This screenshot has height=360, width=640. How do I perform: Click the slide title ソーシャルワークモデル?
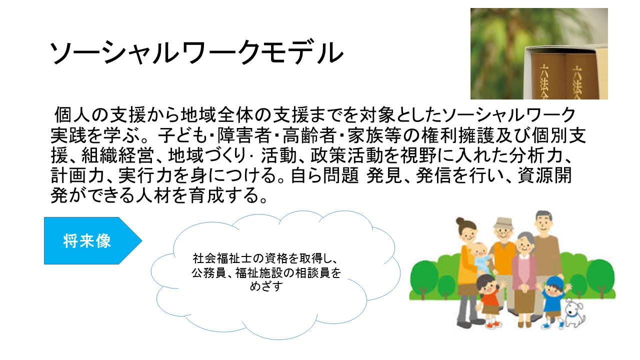[196, 53]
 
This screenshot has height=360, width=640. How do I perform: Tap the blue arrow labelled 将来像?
[93, 240]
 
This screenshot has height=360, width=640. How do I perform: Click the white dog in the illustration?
[575, 313]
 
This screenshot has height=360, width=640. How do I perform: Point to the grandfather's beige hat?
[503, 223]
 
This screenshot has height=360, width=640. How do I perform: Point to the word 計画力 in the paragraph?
[77, 175]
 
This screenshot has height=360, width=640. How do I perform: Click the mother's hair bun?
[459, 221]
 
